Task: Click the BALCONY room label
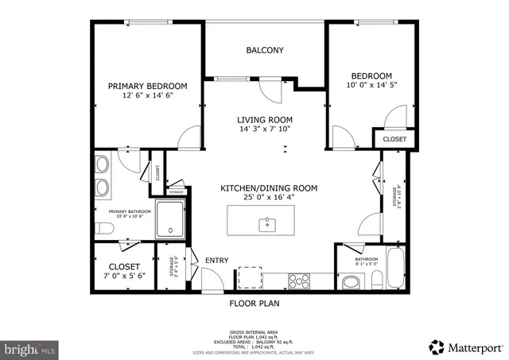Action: point(265,50)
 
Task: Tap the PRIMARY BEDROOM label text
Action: point(147,86)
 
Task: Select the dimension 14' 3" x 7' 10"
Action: point(266,129)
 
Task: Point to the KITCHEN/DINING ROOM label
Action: point(269,188)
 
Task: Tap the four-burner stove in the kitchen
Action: point(300,280)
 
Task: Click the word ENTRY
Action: point(216,260)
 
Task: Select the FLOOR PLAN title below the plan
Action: point(254,303)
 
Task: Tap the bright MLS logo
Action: point(29,347)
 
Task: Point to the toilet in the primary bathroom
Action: point(107,230)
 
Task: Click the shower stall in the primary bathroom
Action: point(169,220)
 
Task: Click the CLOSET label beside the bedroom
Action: point(394,139)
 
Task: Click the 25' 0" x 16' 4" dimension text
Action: point(269,199)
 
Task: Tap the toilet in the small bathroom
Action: point(356,281)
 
